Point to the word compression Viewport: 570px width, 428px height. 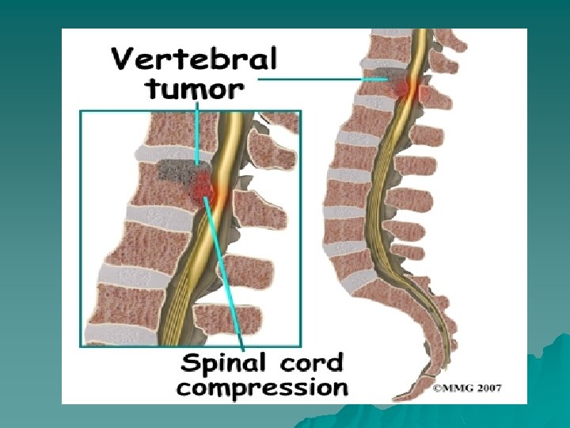(x=262, y=388)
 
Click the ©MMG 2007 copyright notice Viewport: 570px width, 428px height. (x=467, y=388)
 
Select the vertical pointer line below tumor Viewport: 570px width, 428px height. (x=196, y=131)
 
